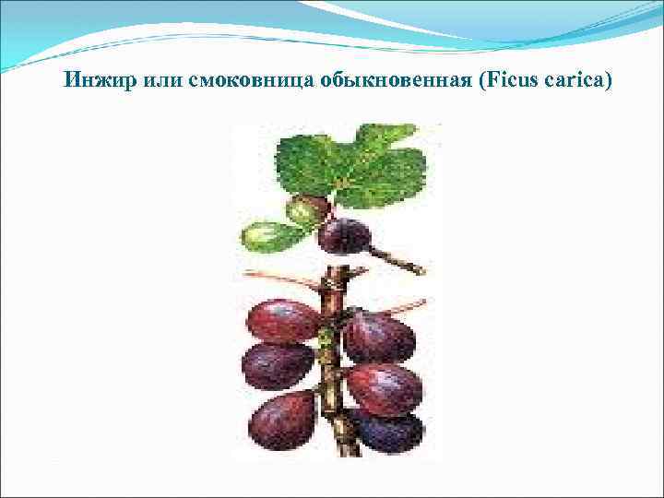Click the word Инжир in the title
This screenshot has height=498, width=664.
tap(99, 80)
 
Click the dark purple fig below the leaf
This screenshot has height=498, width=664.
tap(343, 235)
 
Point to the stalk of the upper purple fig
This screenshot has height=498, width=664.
tap(397, 260)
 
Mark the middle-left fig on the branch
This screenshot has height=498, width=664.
tap(278, 365)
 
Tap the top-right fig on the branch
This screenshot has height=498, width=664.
tap(378, 337)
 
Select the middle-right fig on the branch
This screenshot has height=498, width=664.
tap(384, 387)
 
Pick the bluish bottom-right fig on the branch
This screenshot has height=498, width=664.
tap(387, 431)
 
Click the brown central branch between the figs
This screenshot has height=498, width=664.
tap(333, 387)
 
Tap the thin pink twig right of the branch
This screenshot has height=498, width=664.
tap(401, 306)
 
